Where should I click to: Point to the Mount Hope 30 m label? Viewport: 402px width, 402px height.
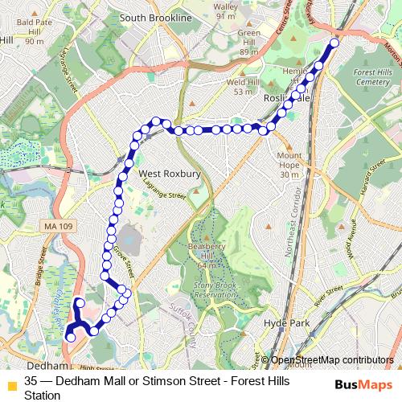pos(289,165)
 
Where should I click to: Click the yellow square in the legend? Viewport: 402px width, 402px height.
pos(11,384)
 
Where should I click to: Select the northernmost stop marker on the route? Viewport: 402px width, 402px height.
pos(335,43)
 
